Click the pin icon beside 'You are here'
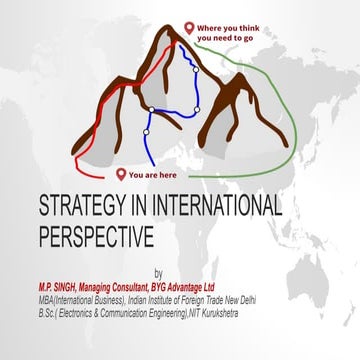pyautogui.click(x=120, y=172)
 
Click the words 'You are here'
pyautogui.click(x=153, y=174)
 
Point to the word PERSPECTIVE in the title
pyautogui.click(x=95, y=237)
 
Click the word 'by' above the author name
pyautogui.click(x=157, y=272)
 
